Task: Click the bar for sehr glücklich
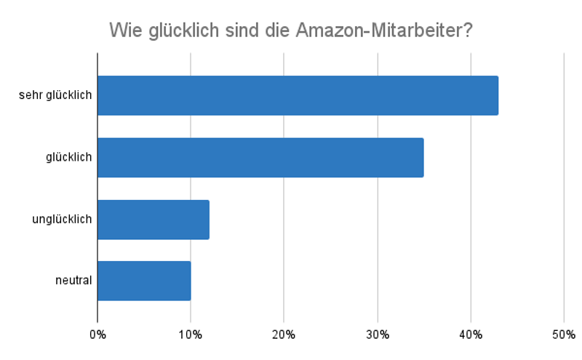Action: [x=298, y=95]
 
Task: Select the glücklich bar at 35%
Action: [x=260, y=157]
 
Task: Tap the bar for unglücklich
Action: [x=154, y=219]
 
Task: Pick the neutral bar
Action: [x=144, y=280]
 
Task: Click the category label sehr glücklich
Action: [x=55, y=95]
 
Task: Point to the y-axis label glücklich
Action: [x=68, y=157]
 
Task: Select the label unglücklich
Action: [x=62, y=219]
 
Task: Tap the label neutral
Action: [x=73, y=280]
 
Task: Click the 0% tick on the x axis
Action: [x=97, y=335]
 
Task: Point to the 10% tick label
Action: [x=191, y=335]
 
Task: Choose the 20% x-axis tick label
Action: [x=284, y=335]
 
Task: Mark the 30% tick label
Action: [x=377, y=335]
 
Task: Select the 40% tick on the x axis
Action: [x=471, y=335]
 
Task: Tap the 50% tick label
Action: [x=564, y=335]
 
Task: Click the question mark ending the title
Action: [x=469, y=31]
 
